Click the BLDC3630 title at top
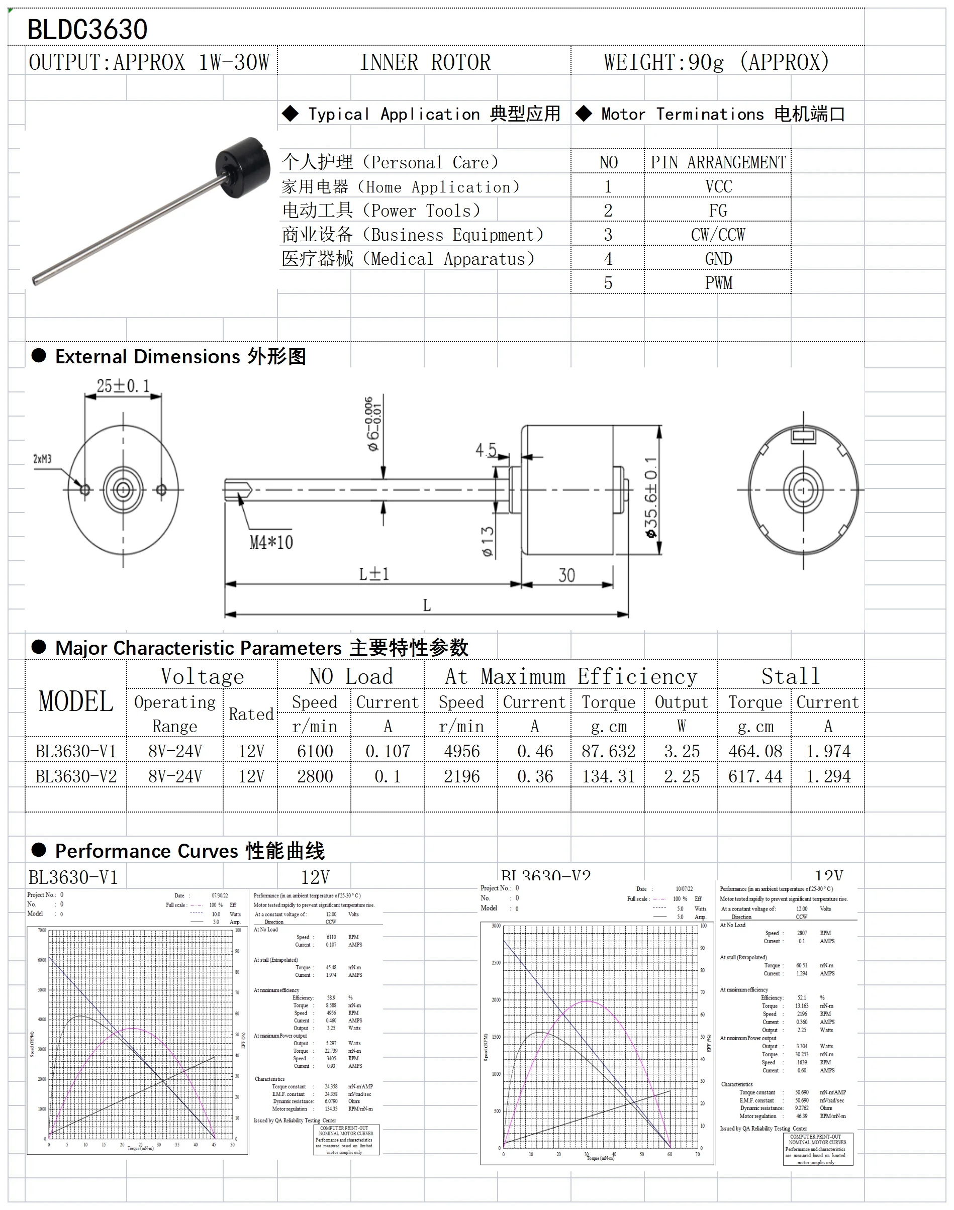tap(87, 30)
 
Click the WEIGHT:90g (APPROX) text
tap(716, 62)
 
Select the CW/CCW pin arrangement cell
tap(718, 235)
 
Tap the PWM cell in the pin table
tap(718, 283)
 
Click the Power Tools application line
tap(381, 211)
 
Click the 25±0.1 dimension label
tap(123, 386)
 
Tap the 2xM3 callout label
tap(42, 459)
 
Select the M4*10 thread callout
tap(271, 542)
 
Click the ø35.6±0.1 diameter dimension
tap(651, 497)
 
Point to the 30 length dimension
tap(566, 575)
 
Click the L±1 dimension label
tap(373, 574)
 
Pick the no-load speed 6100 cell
tap(315, 751)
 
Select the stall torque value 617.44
tap(754, 776)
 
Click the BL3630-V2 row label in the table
tap(76, 776)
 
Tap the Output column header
tap(681, 702)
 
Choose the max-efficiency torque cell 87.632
tap(608, 751)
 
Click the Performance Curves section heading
tap(189, 850)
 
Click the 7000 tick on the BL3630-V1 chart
tap(42, 930)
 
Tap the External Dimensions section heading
tap(180, 356)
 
